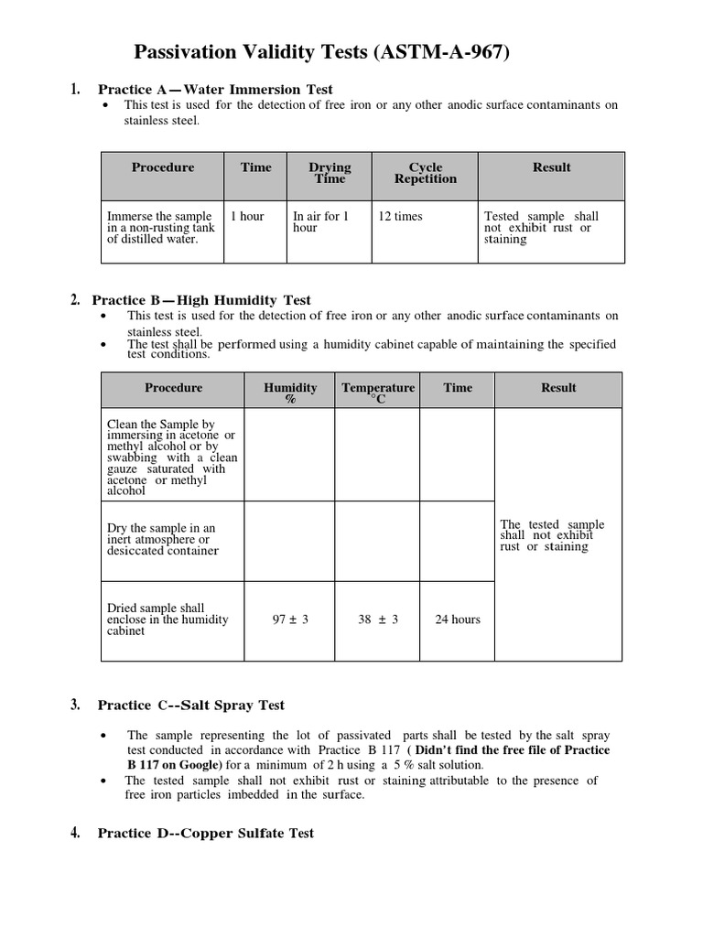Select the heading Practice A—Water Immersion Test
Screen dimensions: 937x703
[x=215, y=90]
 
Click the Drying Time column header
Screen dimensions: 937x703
[x=330, y=173]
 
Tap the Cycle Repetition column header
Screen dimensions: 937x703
[x=426, y=173]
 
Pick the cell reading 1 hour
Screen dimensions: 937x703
[x=247, y=217]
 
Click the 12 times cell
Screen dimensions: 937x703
[x=401, y=217]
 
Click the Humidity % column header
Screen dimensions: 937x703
[x=290, y=393]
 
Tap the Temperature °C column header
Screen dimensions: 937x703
[x=378, y=393]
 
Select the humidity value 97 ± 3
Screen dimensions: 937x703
[x=291, y=619]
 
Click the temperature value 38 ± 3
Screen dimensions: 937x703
[x=378, y=619]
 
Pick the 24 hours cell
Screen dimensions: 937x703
[x=458, y=619]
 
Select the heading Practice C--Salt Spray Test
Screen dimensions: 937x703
[x=191, y=705]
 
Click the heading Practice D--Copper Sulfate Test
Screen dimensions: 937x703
[x=206, y=834]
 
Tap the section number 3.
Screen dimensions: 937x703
[x=75, y=705]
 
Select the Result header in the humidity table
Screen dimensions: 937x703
[x=558, y=388]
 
